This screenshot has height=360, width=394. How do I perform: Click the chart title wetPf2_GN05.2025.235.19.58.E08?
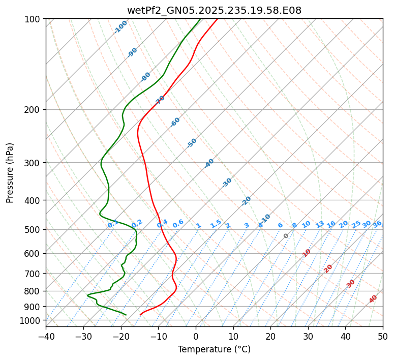click(x=214, y=10)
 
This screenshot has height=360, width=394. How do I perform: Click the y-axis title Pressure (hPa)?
click(x=10, y=173)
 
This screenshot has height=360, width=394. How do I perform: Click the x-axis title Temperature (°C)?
click(x=214, y=349)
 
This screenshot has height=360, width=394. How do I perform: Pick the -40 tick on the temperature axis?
click(x=46, y=336)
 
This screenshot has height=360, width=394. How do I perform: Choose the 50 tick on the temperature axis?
click(x=383, y=336)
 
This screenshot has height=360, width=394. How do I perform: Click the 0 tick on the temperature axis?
click(x=196, y=336)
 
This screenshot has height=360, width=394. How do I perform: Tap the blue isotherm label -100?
click(x=121, y=26)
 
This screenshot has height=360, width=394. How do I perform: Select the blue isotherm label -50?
click(x=192, y=143)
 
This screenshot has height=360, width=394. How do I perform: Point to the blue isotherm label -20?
click(x=246, y=201)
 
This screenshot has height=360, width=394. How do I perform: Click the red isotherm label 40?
click(x=373, y=299)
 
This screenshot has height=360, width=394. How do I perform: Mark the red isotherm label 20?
click(x=328, y=268)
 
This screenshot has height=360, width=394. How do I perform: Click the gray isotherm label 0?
click(x=286, y=236)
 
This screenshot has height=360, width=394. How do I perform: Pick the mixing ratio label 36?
click(x=377, y=224)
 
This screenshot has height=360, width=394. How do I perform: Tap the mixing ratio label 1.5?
click(x=216, y=223)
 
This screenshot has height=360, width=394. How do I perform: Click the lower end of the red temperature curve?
click(x=140, y=315)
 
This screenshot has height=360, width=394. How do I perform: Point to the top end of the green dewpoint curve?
click(x=200, y=19)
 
